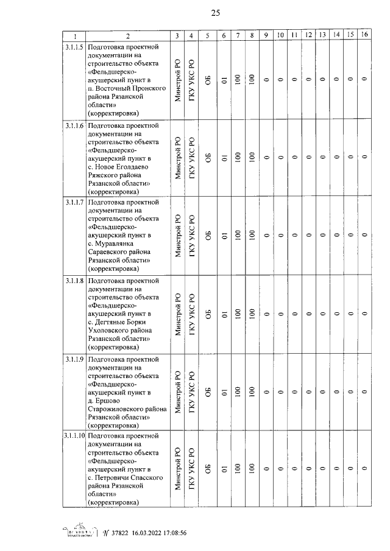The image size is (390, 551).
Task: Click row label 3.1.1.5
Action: pyautogui.click(x=74, y=46)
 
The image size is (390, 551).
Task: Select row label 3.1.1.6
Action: pyautogui.click(x=74, y=125)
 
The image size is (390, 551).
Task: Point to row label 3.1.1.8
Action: pyautogui.click(x=74, y=281)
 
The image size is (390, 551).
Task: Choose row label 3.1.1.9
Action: pyautogui.click(x=74, y=359)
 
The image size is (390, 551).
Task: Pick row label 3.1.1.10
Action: pyautogui.click(x=74, y=437)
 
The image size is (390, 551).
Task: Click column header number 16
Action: pyautogui.click(x=364, y=35)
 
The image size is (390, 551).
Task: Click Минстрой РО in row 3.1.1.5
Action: pyautogui.click(x=177, y=80)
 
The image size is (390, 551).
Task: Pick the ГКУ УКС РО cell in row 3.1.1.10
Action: pyautogui.click(x=191, y=469)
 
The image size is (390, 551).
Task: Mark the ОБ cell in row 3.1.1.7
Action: pyautogui.click(x=208, y=235)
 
